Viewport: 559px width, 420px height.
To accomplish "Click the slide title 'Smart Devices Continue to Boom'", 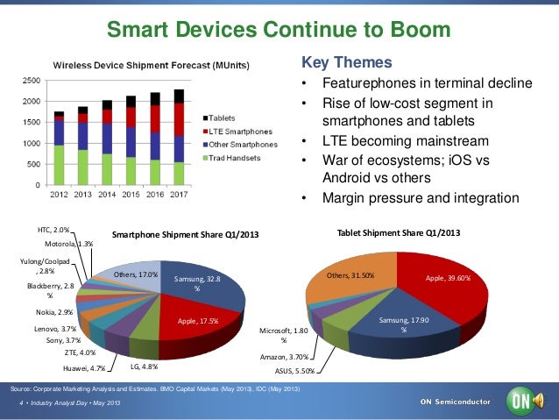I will pyautogui.click(x=279, y=32).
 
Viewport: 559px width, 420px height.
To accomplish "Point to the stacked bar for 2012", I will pyautogui.click(x=59, y=148).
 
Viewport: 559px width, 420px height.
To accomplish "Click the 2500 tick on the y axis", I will pyautogui.click(x=30, y=80).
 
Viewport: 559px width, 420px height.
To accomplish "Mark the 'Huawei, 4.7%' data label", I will pyautogui.click(x=85, y=368).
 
